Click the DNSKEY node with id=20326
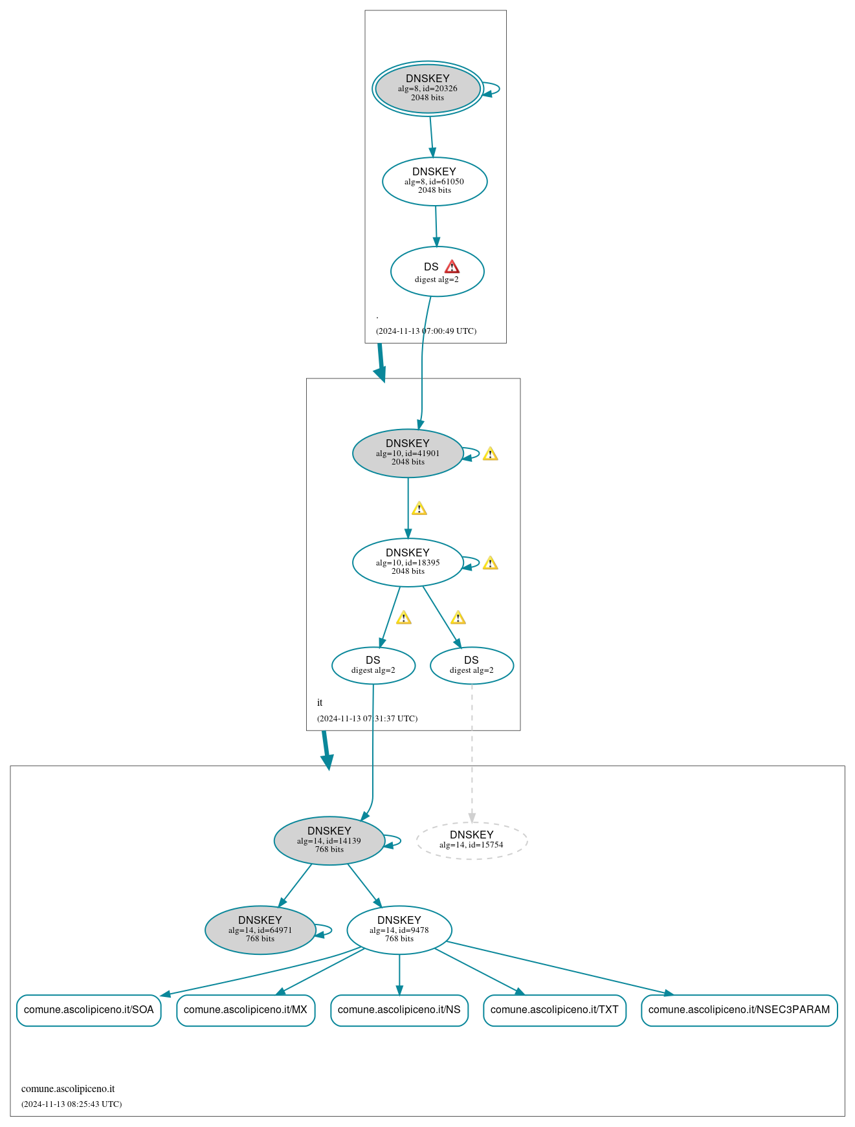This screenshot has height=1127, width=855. (427, 88)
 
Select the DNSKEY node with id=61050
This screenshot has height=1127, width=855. (434, 181)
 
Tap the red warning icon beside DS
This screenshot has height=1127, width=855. (452, 267)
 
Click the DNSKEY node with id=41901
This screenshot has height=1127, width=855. (407, 453)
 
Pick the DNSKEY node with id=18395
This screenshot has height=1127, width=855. (407, 562)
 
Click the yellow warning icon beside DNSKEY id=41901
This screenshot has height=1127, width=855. (490, 454)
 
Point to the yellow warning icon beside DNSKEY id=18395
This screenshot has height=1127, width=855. (490, 563)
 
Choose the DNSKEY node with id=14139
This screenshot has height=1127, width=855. (329, 840)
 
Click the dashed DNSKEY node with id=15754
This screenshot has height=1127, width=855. (471, 840)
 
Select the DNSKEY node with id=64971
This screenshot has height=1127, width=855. (260, 930)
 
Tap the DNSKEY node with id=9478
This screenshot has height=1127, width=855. (399, 930)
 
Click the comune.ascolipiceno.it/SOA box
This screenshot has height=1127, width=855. (89, 1010)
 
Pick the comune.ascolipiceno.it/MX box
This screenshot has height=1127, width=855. (245, 1010)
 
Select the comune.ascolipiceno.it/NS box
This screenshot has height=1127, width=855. (399, 1010)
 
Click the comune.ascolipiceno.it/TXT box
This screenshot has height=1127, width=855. (554, 1010)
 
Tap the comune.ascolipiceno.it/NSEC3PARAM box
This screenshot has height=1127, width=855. (738, 1010)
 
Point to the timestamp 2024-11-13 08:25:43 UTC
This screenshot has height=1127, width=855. (71, 1104)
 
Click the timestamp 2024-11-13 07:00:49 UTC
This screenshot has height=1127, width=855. (426, 331)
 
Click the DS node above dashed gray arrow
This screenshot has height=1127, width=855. (471, 665)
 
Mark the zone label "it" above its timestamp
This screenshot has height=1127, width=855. (320, 703)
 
